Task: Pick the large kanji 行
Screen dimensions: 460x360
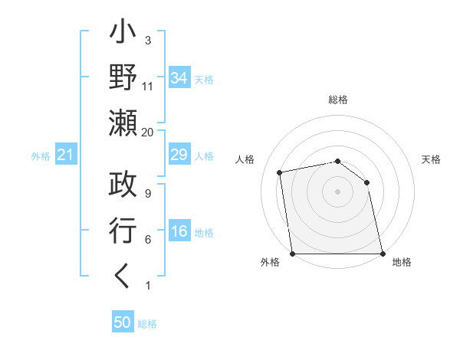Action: (x=123, y=230)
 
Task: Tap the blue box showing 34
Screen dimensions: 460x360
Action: (x=179, y=77)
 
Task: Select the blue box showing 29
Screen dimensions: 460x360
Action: (x=179, y=155)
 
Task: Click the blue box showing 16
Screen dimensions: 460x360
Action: (x=179, y=232)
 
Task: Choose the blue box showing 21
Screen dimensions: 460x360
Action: (x=65, y=155)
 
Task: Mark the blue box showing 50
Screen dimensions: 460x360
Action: (x=123, y=322)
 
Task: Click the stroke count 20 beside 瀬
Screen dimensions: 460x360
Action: (x=147, y=132)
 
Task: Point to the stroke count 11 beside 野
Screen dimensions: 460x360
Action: (x=147, y=87)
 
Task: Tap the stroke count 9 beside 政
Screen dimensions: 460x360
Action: (x=147, y=194)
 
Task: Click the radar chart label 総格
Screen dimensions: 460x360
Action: (x=337, y=100)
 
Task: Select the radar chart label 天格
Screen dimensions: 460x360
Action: (x=431, y=159)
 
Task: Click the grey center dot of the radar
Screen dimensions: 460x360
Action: (x=337, y=191)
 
